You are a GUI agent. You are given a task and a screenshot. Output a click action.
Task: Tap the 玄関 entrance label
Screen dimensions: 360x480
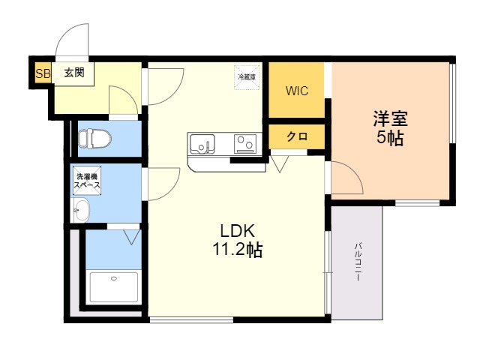tap(73, 73)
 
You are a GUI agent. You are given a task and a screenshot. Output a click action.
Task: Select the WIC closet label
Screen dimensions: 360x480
tap(297, 91)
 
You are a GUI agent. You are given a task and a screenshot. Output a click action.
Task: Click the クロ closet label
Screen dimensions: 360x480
tap(296, 137)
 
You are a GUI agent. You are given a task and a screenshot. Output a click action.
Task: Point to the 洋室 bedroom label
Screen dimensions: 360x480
tap(391, 118)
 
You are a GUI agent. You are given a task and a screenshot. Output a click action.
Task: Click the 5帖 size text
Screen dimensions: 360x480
tap(391, 139)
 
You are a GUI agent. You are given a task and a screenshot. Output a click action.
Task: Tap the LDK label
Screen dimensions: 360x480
tap(236, 230)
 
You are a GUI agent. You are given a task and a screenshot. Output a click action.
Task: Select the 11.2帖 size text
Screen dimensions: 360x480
tap(236, 250)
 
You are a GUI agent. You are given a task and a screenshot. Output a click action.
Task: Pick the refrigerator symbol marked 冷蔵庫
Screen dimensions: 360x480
tap(247, 77)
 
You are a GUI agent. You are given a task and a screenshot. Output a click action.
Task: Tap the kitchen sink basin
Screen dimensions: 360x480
tap(202, 142)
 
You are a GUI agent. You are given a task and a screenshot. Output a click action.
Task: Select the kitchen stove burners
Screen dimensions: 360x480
tap(245, 142)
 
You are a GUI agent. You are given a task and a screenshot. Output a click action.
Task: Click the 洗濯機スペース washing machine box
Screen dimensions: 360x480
tap(87, 181)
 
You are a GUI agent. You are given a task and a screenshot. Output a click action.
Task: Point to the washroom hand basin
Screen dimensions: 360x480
tap(80, 211)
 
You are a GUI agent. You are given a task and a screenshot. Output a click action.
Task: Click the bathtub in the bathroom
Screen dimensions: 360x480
tap(113, 287)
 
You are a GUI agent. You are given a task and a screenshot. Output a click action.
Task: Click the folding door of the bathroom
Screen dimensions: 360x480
tap(132, 237)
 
